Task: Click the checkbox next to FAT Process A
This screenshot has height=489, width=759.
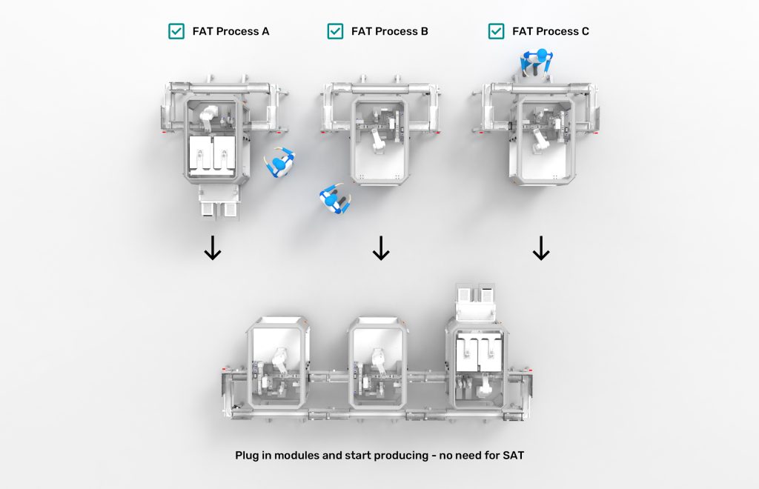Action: pos(176,31)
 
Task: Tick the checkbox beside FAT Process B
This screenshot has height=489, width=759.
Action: pos(335,31)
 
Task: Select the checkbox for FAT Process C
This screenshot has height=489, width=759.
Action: pos(497,31)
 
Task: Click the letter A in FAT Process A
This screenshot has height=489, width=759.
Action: pos(265,32)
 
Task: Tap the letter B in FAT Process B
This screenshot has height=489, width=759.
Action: pos(424,32)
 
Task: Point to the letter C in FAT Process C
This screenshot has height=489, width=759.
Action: pos(585,32)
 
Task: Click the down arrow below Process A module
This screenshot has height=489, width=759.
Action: pos(213,249)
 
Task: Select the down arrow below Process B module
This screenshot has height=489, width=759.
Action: pos(380,249)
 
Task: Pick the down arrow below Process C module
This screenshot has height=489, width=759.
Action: pos(541,249)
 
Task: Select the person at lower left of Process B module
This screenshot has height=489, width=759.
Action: pos(334,199)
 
